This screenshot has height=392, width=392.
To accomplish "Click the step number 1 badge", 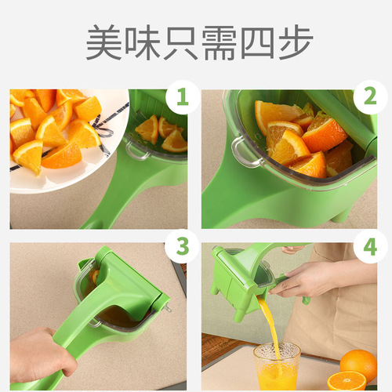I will pos(183,98).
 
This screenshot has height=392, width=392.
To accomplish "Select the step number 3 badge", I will pos(183,248).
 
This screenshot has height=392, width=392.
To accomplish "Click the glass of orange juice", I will pos(276,366).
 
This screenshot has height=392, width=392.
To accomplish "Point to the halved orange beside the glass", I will pos(346,382).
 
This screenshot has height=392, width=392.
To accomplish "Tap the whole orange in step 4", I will pos(358,363).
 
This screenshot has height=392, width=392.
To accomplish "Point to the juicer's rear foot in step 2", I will pos(343,213).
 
